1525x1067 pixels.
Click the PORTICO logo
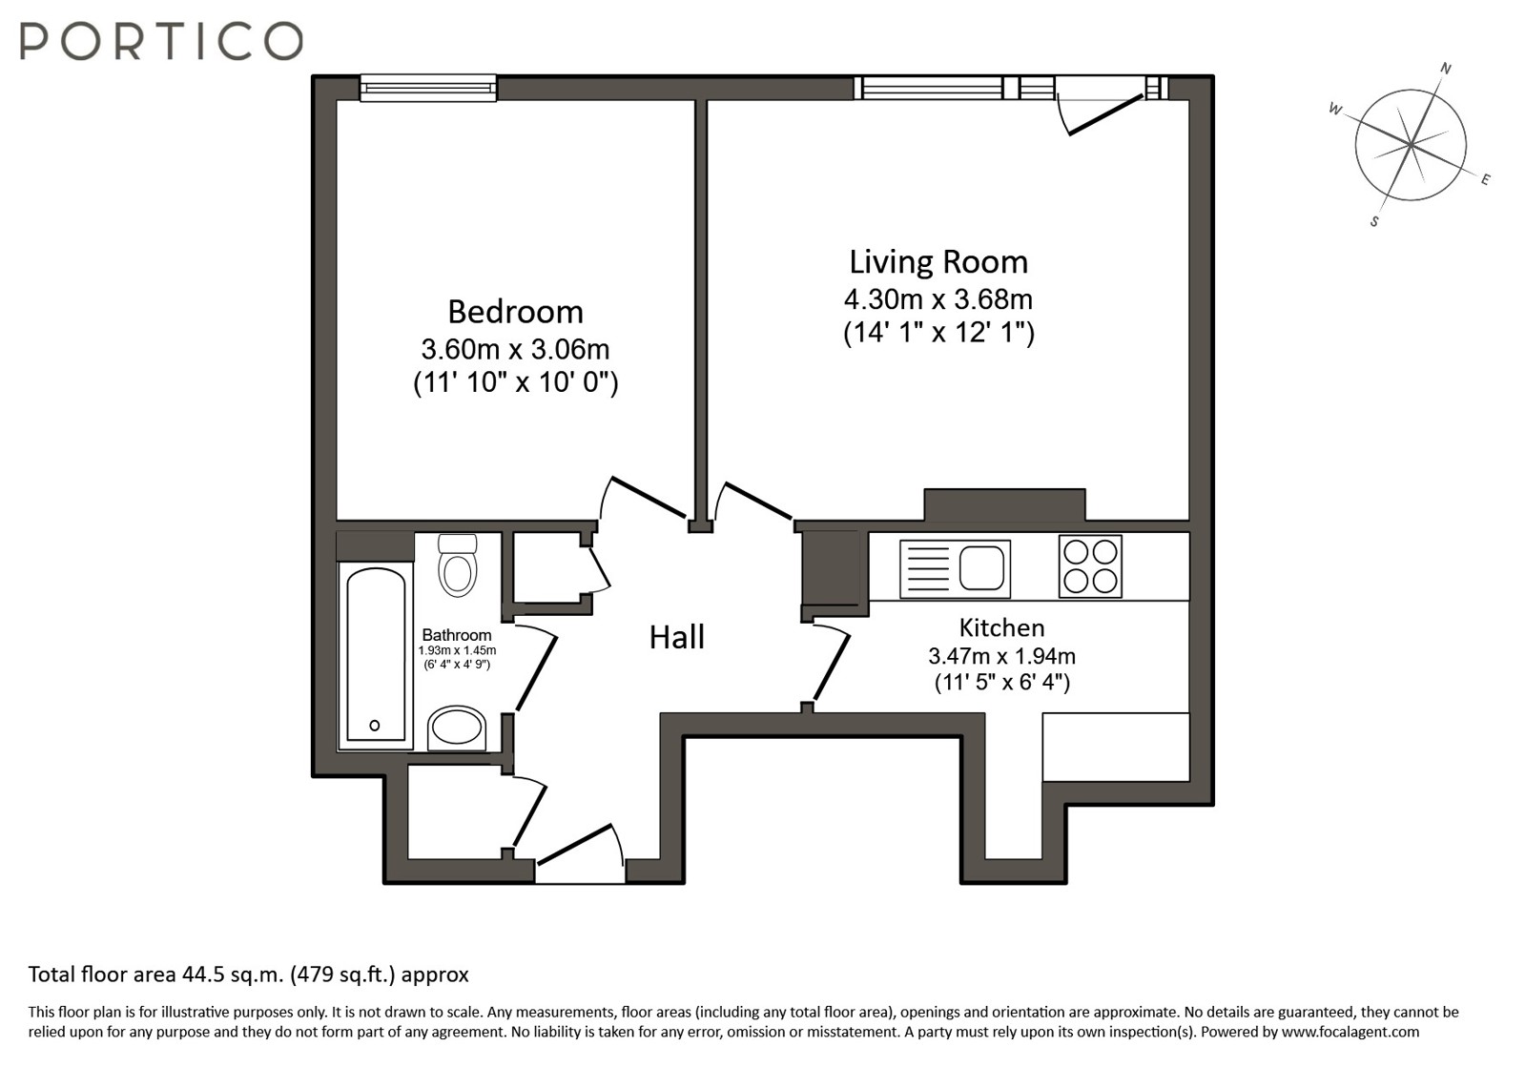pyautogui.click(x=161, y=41)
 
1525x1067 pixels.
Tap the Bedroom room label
pyautogui.click(x=515, y=313)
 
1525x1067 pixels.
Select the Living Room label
pyautogui.click(x=938, y=262)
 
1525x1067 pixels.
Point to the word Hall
pyautogui.click(x=677, y=638)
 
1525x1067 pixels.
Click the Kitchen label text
pyautogui.click(x=1001, y=627)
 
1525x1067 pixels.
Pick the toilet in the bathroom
pyautogui.click(x=458, y=564)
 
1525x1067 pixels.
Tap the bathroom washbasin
pyautogui.click(x=457, y=728)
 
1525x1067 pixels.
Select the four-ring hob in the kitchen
pyautogui.click(x=1090, y=566)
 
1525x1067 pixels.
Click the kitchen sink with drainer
pyautogui.click(x=955, y=569)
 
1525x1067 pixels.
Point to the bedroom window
pyautogui.click(x=427, y=88)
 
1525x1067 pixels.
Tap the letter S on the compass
pyautogui.click(x=1374, y=222)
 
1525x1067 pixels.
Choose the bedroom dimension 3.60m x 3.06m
pyautogui.click(x=515, y=350)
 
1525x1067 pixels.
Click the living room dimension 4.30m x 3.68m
pyautogui.click(x=938, y=299)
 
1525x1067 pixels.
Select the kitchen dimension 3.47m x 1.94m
pyautogui.click(x=1001, y=656)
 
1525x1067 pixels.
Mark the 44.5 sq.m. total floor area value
pyautogui.click(x=232, y=975)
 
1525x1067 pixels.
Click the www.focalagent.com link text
pyautogui.click(x=1350, y=1032)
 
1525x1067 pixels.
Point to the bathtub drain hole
pyautogui.click(x=375, y=726)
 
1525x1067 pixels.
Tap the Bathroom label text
pyautogui.click(x=456, y=635)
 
